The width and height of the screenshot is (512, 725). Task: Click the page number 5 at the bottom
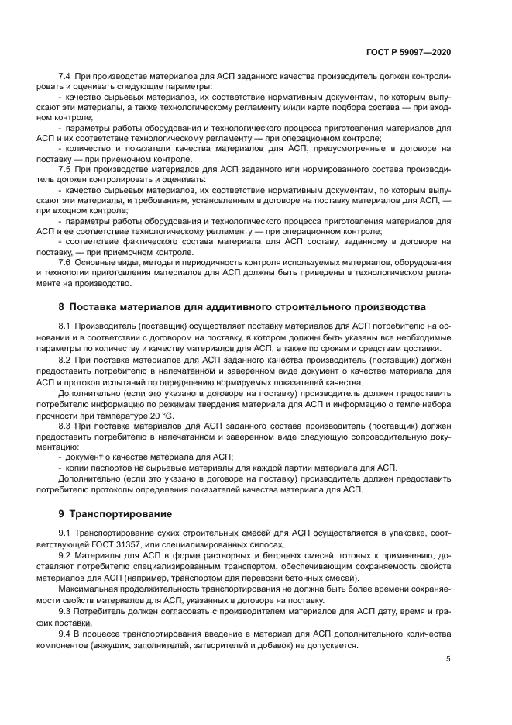click(x=448, y=659)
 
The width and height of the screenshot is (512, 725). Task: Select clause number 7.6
click(x=65, y=261)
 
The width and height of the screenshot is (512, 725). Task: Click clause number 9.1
click(x=65, y=534)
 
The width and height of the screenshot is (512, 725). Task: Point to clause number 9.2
click(x=65, y=557)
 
